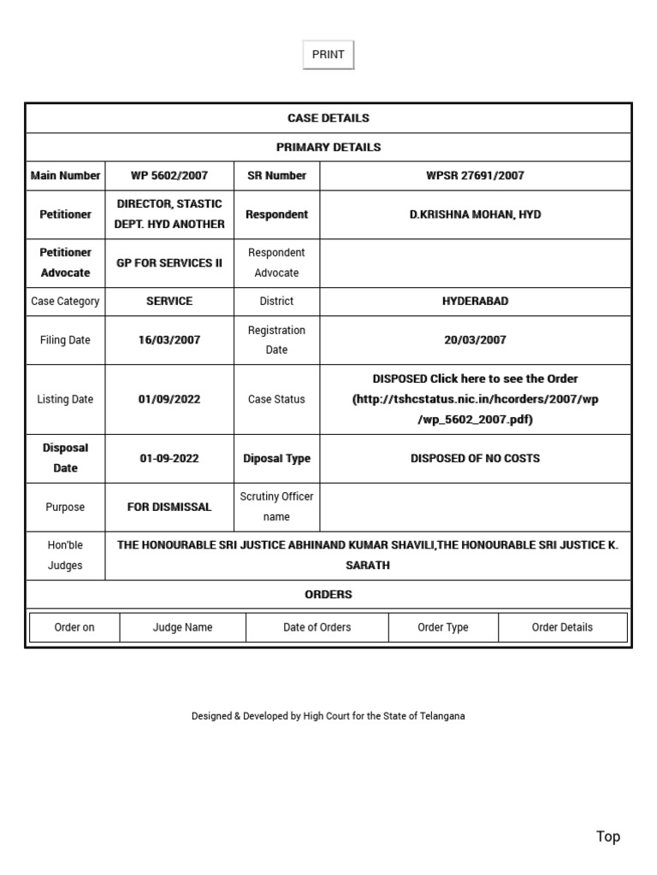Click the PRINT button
click(328, 55)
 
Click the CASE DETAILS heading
click(328, 118)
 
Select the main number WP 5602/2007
click(169, 175)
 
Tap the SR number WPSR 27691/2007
click(475, 175)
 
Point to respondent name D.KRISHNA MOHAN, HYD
click(475, 214)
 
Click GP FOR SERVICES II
click(169, 262)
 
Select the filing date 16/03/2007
click(169, 340)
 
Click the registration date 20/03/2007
click(475, 340)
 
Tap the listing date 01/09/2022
click(169, 399)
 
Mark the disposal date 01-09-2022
click(169, 458)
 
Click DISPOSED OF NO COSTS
click(475, 458)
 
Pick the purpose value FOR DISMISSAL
click(169, 507)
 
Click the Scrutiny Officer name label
click(276, 507)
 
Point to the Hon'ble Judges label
click(65, 555)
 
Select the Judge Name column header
click(182, 627)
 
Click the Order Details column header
click(562, 627)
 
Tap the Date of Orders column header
click(317, 627)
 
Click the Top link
click(608, 837)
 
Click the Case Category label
click(65, 301)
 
